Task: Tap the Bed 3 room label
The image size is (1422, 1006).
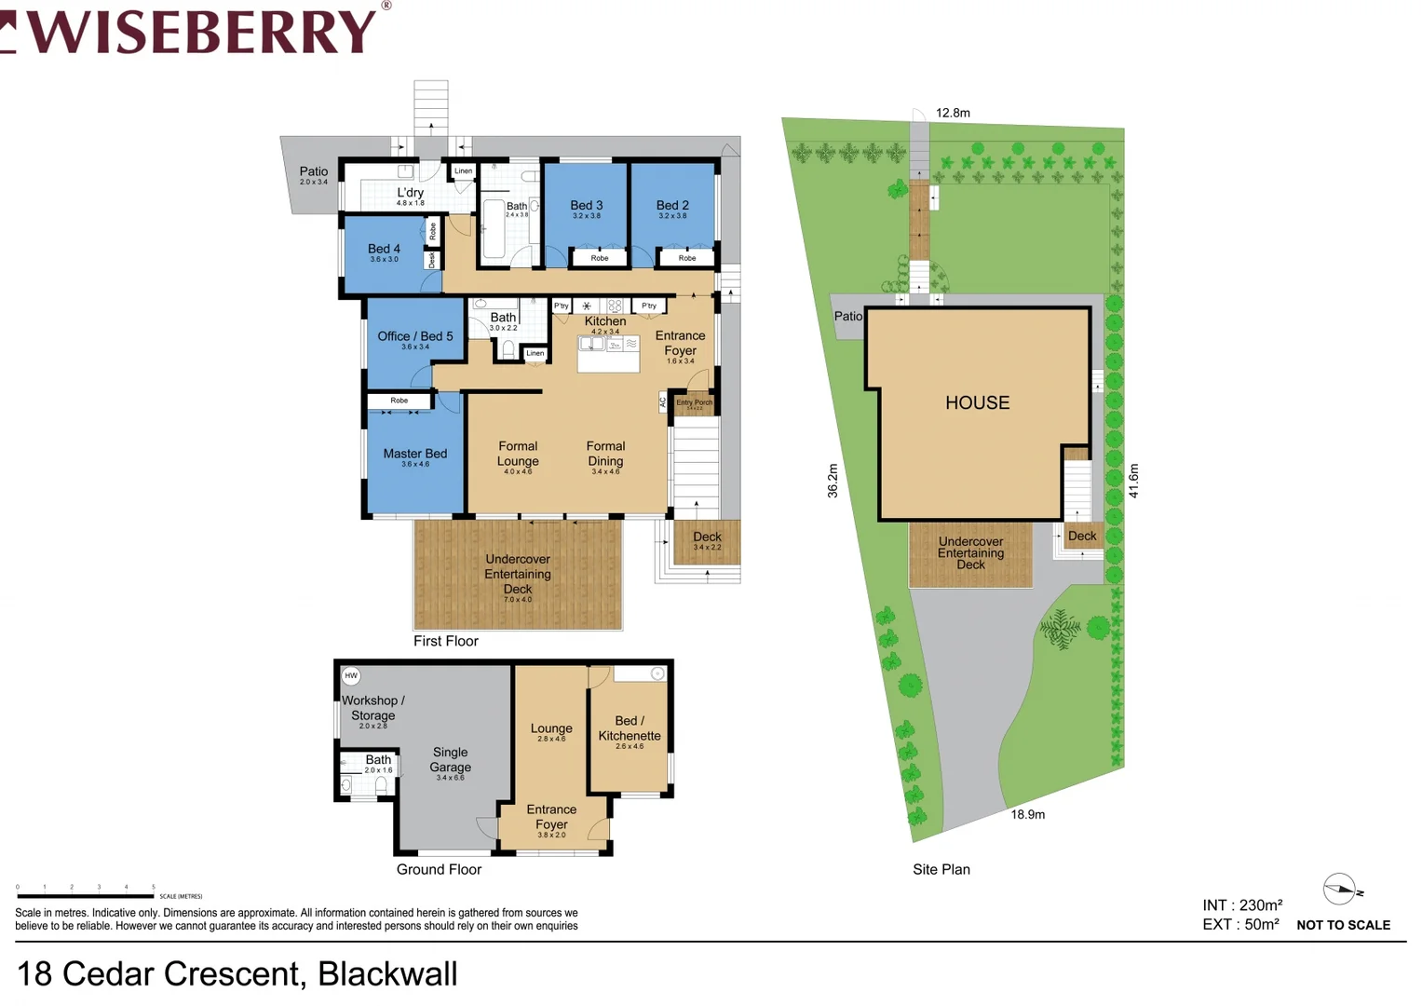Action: pos(587,206)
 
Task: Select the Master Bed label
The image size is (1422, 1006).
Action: pos(415,455)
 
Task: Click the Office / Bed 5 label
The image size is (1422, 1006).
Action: pos(415,337)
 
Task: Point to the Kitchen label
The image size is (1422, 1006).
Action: pos(605,321)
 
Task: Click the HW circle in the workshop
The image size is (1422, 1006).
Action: pos(351,675)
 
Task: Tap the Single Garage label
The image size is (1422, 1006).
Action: pos(451,760)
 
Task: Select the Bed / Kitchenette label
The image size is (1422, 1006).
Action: pos(630,728)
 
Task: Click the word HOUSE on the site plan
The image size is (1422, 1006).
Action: pos(977,402)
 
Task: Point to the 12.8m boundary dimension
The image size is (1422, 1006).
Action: pos(953,113)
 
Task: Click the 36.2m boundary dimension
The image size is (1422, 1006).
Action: pos(833,481)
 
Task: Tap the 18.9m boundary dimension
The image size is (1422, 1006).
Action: pos(1028,814)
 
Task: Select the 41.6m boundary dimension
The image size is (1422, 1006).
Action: pos(1133,481)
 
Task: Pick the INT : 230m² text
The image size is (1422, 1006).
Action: pos(1242,905)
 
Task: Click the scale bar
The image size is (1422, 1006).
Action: pos(86,895)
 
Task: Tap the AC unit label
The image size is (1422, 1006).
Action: pos(663,402)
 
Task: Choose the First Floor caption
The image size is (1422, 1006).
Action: pos(446,641)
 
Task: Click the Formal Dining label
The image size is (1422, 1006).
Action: pos(605,455)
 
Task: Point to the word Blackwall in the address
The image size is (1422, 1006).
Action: pos(387,974)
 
